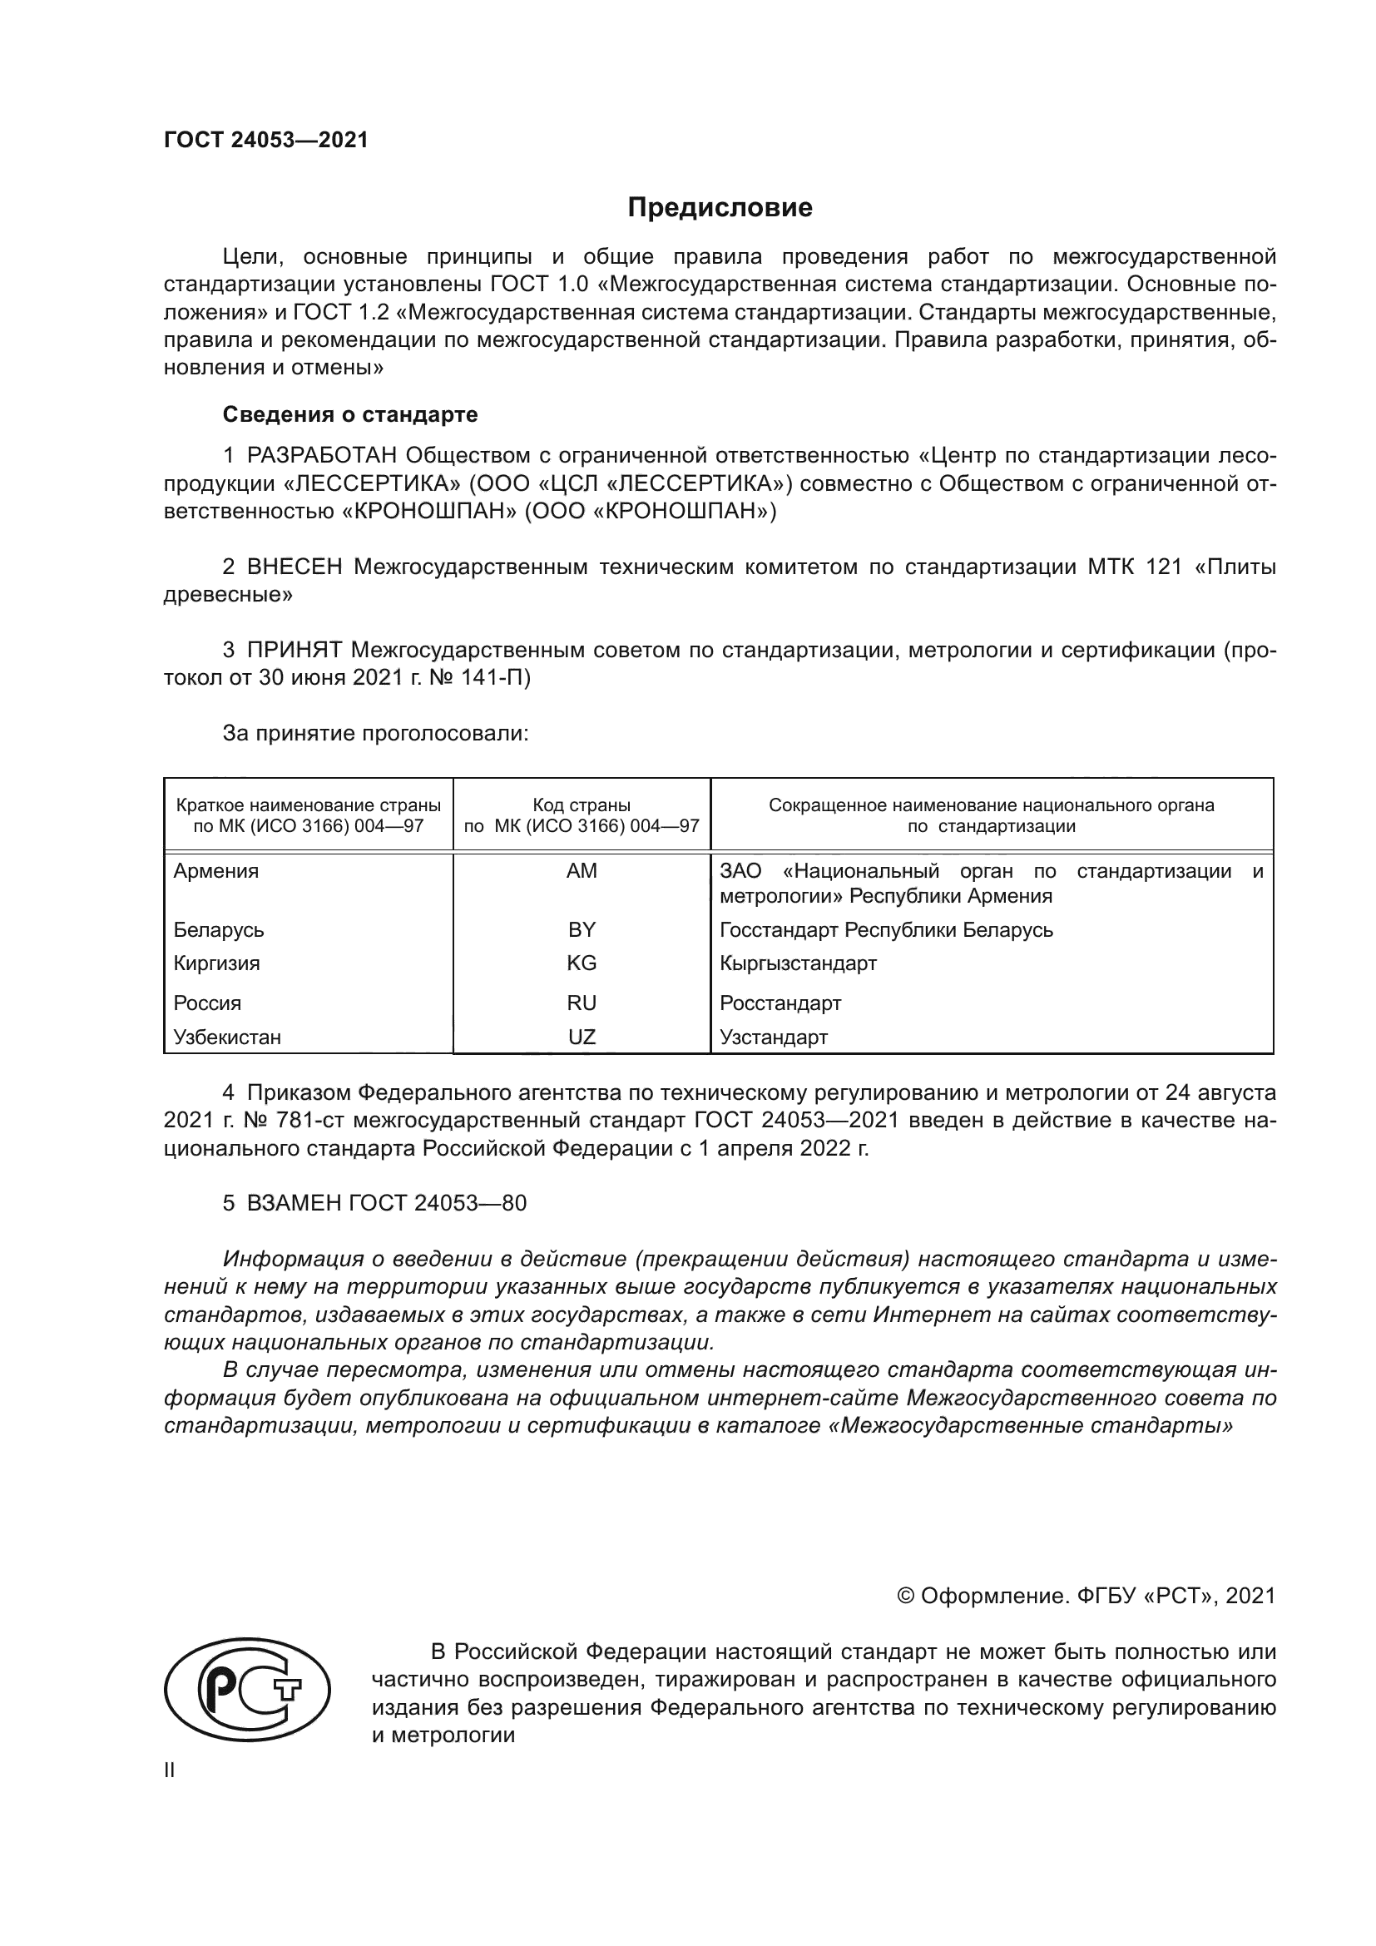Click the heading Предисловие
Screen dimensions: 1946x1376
point(720,208)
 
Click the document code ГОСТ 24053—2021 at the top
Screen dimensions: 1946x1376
point(266,141)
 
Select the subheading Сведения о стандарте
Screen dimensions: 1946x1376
point(350,414)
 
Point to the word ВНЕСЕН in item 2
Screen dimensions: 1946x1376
point(295,567)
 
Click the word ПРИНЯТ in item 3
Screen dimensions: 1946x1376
point(294,650)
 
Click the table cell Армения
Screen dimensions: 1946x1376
point(216,871)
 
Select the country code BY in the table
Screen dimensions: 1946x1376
point(582,930)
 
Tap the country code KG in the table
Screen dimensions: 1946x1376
point(582,963)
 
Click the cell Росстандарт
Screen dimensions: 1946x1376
point(780,1003)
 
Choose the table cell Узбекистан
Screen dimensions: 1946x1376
point(227,1037)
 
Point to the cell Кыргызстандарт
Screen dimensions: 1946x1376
point(797,963)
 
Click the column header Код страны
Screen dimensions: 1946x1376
point(582,805)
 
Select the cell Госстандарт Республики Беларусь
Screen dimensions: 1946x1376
point(885,930)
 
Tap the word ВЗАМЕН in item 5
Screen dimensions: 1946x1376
point(294,1203)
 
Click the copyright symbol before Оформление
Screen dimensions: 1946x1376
point(905,1596)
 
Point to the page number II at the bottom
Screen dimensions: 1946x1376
point(170,1770)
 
